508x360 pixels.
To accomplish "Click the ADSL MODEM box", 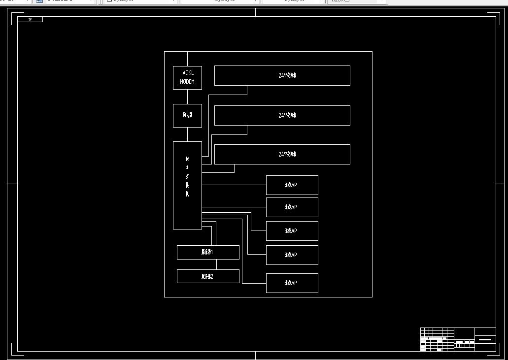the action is pyautogui.click(x=187, y=77).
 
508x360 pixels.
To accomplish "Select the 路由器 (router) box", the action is pyautogui.click(x=187, y=115).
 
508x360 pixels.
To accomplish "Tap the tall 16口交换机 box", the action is pyautogui.click(x=187, y=185).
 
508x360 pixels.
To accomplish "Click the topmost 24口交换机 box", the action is pyautogui.click(x=282, y=75).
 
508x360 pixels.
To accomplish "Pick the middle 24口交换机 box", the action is pyautogui.click(x=282, y=115).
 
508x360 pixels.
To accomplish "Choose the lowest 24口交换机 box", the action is pyautogui.click(x=282, y=154).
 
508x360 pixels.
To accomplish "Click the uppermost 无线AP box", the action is pyautogui.click(x=292, y=185).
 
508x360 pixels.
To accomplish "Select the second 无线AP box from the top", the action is pyautogui.click(x=292, y=207).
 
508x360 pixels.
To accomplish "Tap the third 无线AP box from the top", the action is pyautogui.click(x=292, y=231).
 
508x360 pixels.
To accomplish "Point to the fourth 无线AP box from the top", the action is pyautogui.click(x=292, y=255).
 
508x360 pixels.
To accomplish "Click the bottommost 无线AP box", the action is pyautogui.click(x=292, y=283).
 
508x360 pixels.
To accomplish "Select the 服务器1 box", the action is pyautogui.click(x=208, y=252).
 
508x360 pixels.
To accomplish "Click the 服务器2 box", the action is pyautogui.click(x=208, y=276).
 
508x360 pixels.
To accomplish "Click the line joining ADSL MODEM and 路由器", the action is pyautogui.click(x=187, y=97).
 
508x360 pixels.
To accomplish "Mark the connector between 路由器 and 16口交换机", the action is pyautogui.click(x=187, y=134).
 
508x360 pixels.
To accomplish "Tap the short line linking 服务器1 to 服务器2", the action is pyautogui.click(x=216, y=264).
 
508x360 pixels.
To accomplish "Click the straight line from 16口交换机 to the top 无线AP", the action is pyautogui.click(x=234, y=185).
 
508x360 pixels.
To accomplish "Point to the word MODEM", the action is pyautogui.click(x=187, y=82).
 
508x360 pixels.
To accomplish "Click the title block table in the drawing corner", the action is pyautogui.click(x=458, y=339).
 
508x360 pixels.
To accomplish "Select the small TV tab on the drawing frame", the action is pyautogui.click(x=30, y=19).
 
